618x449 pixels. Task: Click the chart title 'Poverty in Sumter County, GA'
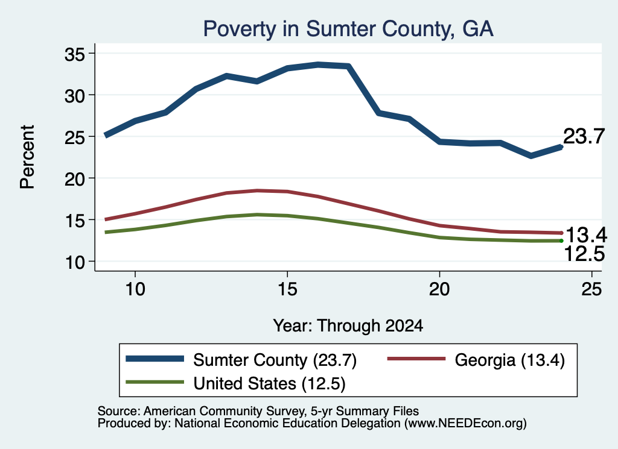point(348,29)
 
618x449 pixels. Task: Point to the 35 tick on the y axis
point(75,54)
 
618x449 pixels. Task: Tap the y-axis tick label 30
point(75,96)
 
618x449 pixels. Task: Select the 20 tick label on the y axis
point(75,179)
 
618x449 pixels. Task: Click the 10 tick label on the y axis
point(75,262)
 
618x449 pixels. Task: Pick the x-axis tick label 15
point(287,290)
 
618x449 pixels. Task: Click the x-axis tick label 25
point(591,290)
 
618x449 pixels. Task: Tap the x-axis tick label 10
point(135,290)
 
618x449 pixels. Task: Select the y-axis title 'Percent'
point(27,157)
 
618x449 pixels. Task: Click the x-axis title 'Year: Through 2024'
point(348,326)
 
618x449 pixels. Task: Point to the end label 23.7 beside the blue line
point(584,137)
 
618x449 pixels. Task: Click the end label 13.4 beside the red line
point(586,235)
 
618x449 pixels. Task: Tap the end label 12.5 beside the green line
point(584,254)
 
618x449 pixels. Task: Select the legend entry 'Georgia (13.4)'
point(476,360)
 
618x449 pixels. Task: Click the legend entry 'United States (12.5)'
point(236,383)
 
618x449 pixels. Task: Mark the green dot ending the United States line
point(561,240)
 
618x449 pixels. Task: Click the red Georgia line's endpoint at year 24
point(561,233)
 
